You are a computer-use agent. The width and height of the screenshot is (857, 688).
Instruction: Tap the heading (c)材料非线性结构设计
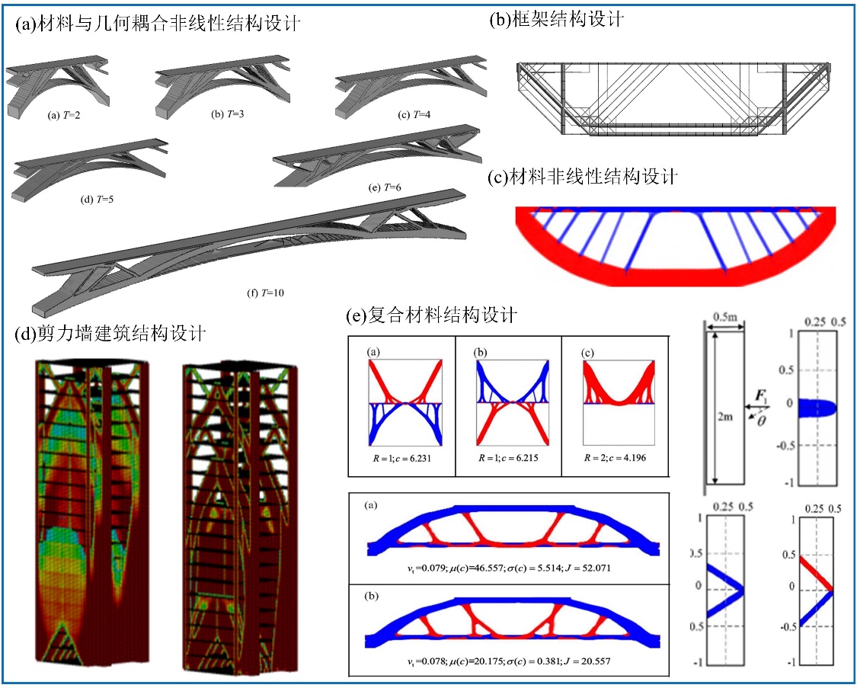[583, 178]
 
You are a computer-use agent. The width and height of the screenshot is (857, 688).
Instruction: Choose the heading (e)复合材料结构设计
[432, 314]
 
